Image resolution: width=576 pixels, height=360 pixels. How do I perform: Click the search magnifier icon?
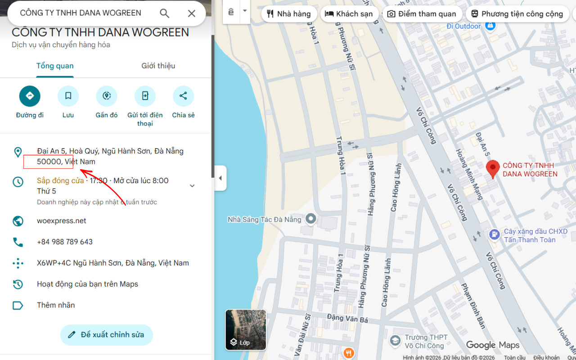pos(165,13)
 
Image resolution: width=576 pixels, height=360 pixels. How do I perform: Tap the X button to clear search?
pos(192,13)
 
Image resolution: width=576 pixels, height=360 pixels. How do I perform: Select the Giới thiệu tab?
pos(158,66)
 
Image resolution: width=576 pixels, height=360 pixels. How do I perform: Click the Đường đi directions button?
pos(30,96)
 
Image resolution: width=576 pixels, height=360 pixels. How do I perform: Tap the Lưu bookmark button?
pos(68,96)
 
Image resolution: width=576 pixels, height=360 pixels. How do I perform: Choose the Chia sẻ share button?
pos(183,96)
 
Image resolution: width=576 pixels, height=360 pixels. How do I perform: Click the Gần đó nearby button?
pos(107,96)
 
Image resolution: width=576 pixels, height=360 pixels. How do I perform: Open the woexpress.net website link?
pos(62,221)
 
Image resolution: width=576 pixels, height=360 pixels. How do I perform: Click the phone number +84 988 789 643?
pos(65,242)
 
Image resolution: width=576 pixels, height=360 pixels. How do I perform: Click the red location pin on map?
pos(493,169)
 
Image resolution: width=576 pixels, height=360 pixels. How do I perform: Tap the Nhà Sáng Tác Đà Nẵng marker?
pos(310,220)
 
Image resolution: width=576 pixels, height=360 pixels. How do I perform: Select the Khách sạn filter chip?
pos(349,14)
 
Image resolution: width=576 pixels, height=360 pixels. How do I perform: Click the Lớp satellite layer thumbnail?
pos(246,330)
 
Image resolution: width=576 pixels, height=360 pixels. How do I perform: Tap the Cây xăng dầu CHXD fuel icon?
pos(494,234)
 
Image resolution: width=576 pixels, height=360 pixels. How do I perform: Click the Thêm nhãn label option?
pos(56,306)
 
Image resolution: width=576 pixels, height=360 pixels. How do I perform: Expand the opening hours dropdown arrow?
pos(192,186)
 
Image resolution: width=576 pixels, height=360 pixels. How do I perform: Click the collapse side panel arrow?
pos(220,178)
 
